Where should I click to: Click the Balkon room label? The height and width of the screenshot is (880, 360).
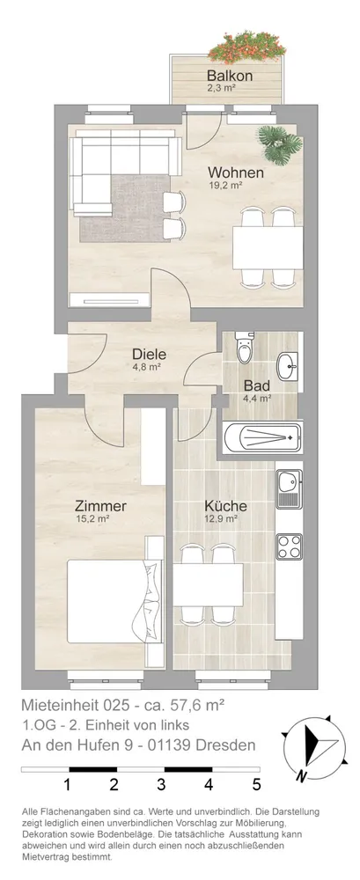tap(229, 75)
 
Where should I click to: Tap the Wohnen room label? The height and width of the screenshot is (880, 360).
tap(235, 172)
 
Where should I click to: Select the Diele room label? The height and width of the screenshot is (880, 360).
tap(150, 355)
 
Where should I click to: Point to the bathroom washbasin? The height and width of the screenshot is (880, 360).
tap(288, 366)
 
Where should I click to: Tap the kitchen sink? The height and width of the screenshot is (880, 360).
tap(289, 488)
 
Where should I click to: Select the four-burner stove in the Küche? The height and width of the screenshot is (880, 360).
tap(290, 546)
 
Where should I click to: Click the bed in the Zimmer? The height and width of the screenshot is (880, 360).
tap(113, 601)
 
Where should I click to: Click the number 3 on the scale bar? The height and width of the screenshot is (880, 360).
tap(161, 785)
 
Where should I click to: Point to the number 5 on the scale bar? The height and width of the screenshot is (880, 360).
tap(257, 785)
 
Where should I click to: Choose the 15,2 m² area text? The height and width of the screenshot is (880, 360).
tap(92, 519)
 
